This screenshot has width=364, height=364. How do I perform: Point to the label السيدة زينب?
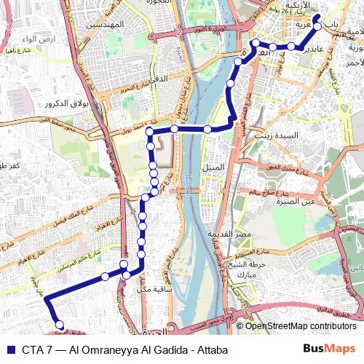[x=274, y=135]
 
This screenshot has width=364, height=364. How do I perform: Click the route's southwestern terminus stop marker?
[x=60, y=325]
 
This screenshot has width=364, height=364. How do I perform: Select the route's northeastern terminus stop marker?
[x=317, y=17]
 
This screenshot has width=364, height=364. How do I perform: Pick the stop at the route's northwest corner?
[x=149, y=131]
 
